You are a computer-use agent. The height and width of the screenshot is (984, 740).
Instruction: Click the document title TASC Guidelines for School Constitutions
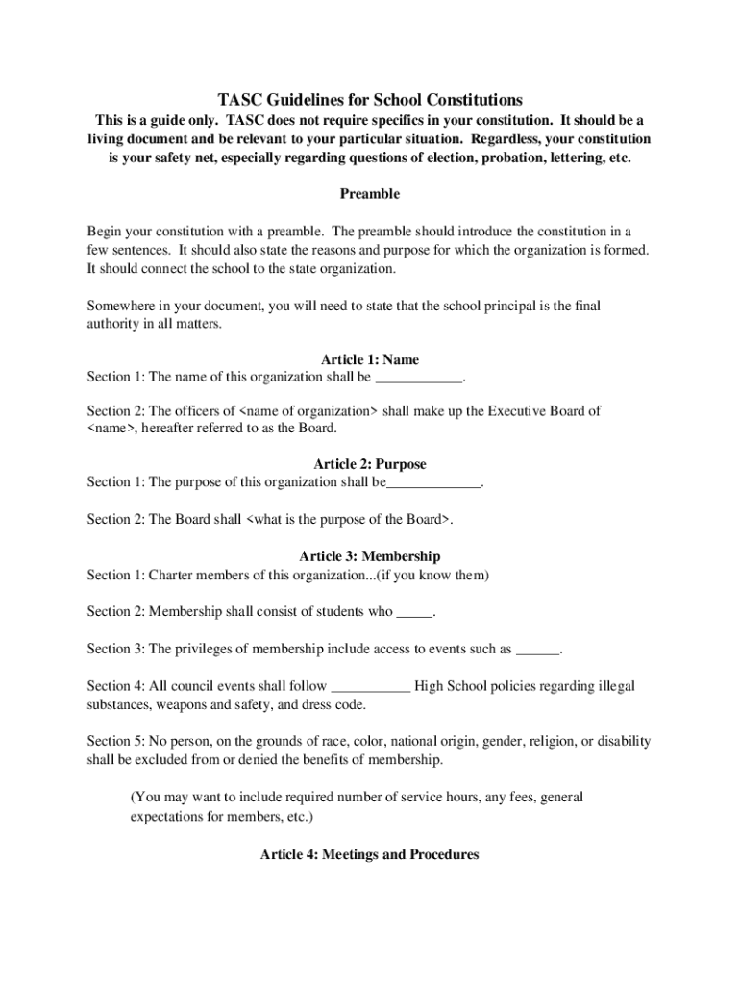pos(369,99)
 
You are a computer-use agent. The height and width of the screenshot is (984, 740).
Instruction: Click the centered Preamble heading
pos(369,194)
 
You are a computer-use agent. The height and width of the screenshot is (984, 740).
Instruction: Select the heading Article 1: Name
pos(369,360)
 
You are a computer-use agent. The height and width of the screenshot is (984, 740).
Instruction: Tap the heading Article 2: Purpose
pos(369,464)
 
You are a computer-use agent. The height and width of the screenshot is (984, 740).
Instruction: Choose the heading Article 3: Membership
pos(369,556)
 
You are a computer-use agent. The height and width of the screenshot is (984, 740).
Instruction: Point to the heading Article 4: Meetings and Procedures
pos(369,853)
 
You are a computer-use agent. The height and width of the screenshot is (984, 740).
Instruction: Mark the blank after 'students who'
pos(414,612)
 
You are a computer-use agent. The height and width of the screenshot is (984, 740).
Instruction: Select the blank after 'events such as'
pos(537,650)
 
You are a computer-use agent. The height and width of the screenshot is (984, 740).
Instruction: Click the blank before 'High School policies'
pos(371,687)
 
